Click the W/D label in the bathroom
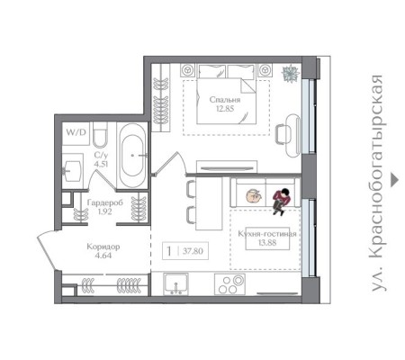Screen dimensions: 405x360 [76, 132]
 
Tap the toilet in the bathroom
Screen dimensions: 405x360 [100, 136]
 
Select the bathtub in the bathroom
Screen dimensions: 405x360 [133, 155]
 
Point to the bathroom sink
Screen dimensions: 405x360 [72, 171]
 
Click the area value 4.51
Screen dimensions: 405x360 [101, 164]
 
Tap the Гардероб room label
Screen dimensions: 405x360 [105, 202]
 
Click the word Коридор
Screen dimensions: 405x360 [103, 247]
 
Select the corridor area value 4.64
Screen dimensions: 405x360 [103, 256]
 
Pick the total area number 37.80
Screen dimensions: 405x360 [193, 251]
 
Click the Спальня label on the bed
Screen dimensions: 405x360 [225, 100]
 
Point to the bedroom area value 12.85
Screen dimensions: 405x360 [225, 109]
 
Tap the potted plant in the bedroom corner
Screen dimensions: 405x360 [291, 73]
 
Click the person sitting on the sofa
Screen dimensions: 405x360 [282, 202]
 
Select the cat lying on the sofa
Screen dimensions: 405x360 [254, 196]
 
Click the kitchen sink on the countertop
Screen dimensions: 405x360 [176, 283]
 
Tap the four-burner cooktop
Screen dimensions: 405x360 [229, 283]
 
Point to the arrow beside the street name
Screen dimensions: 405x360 [394, 180]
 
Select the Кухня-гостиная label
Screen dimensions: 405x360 [267, 234]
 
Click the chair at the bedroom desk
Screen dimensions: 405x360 [283, 135]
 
